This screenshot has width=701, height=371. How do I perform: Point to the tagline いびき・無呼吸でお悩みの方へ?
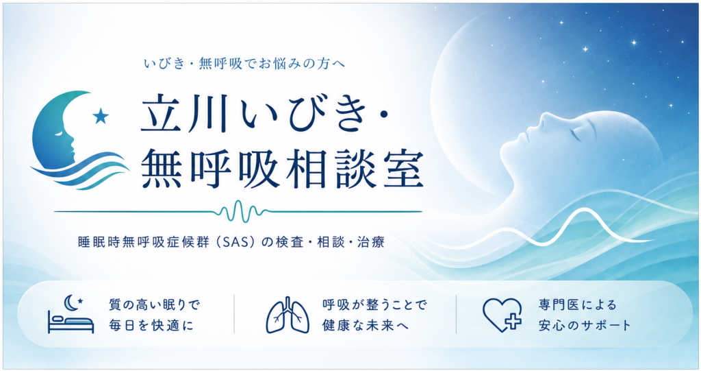click(244, 64)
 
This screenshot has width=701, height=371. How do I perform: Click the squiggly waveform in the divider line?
click(242, 211)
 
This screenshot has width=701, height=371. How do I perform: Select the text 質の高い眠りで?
click(154, 305)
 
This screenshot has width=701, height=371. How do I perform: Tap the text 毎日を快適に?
click(151, 325)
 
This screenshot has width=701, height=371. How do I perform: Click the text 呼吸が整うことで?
click(374, 305)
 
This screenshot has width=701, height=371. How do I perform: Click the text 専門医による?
click(578, 305)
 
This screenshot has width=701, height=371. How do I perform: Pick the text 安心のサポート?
click(585, 325)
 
